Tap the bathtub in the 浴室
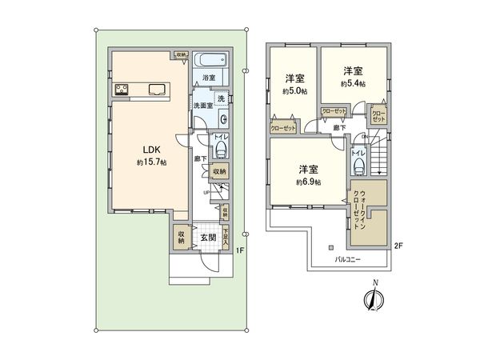212,62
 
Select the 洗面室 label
201,106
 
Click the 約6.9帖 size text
309,182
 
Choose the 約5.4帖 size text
353,83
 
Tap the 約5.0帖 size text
294,91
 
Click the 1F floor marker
239,250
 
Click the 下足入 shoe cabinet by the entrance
227,237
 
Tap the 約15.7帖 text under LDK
150,162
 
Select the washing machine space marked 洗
221,99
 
